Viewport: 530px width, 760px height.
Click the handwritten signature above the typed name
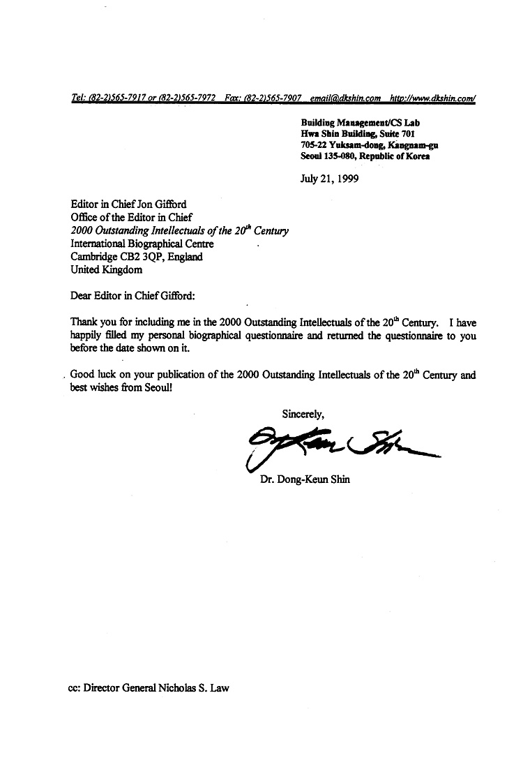point(342,446)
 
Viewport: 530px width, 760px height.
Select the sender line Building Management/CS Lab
point(360,123)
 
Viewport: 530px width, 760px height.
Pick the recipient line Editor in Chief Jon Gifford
point(128,205)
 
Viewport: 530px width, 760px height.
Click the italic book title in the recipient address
point(179,231)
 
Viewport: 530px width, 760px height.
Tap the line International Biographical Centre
point(142,244)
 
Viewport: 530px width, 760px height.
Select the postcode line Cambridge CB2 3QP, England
point(137,257)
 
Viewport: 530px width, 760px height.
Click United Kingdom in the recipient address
point(107,269)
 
